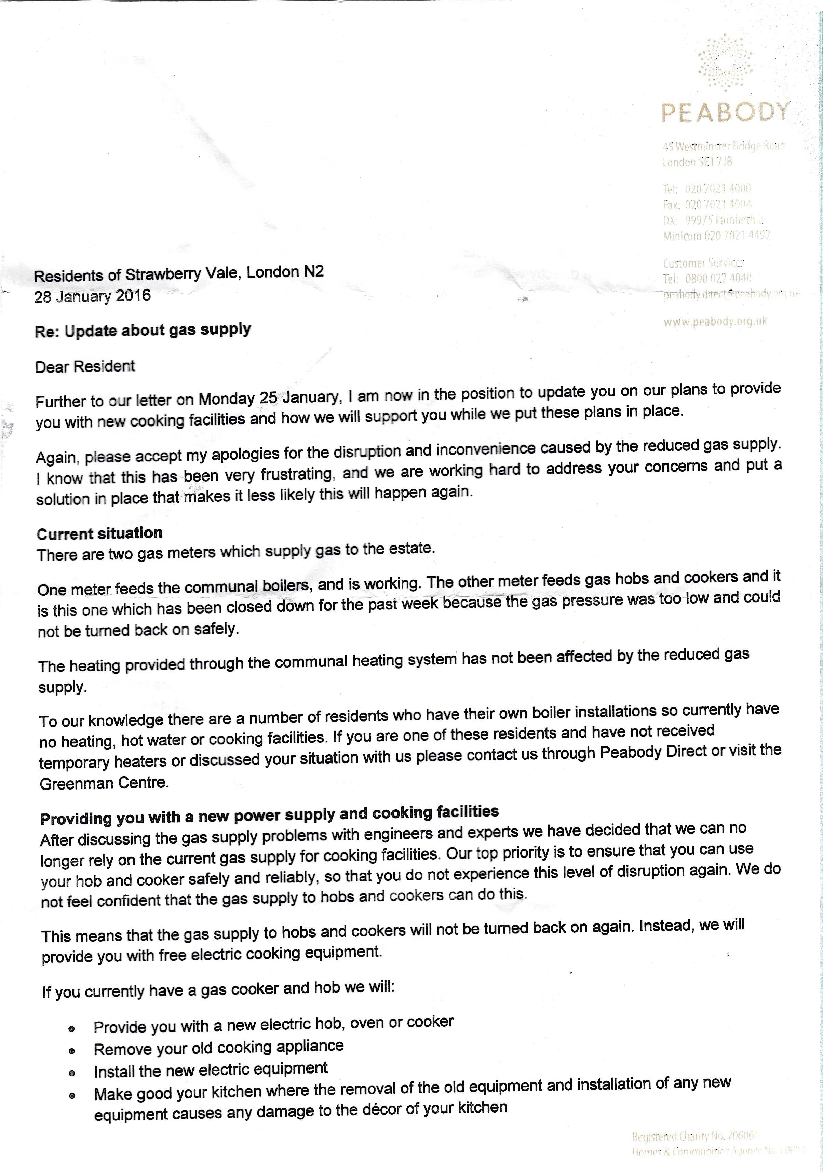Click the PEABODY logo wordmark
[725, 111]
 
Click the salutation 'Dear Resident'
[85, 366]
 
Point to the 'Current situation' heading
[99, 534]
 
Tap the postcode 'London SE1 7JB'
[697, 162]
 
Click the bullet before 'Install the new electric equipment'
[72, 1074]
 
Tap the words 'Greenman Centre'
[104, 783]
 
